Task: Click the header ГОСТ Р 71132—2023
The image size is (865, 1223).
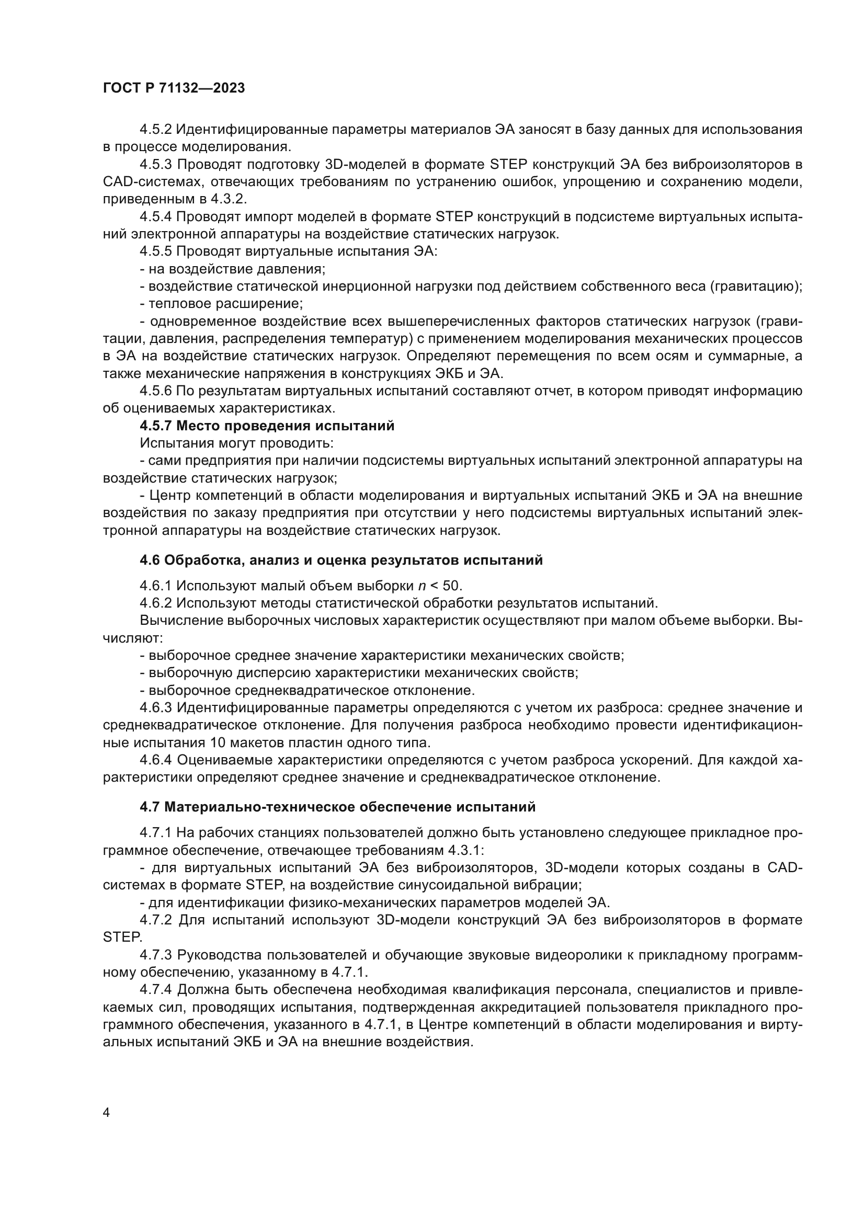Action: pyautogui.click(x=174, y=88)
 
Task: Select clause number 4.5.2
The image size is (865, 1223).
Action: pyautogui.click(x=155, y=130)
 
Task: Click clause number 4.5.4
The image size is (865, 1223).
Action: pyautogui.click(x=155, y=217)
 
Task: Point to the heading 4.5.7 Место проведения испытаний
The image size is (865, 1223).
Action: pyautogui.click(x=267, y=426)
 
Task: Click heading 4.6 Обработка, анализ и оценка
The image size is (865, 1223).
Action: pyautogui.click(x=341, y=561)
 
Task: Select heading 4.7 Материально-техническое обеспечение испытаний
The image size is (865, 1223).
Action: pyautogui.click(x=337, y=807)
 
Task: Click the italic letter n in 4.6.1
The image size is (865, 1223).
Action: pyautogui.click(x=422, y=587)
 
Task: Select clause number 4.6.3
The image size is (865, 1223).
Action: pyautogui.click(x=155, y=708)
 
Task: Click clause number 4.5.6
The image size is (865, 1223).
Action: pyautogui.click(x=155, y=391)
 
